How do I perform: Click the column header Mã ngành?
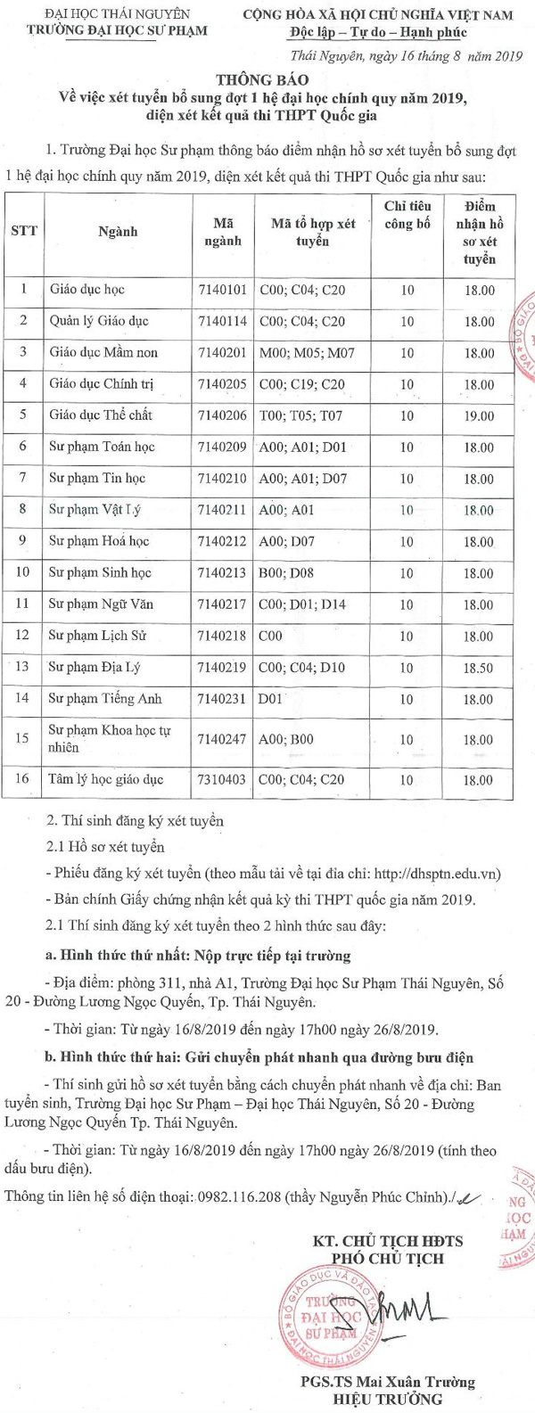(222, 231)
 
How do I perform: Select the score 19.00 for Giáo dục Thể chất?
(479, 415)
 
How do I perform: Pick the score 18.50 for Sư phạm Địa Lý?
(479, 668)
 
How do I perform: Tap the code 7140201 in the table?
(222, 353)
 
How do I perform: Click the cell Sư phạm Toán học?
(102, 448)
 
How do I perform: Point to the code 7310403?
(222, 780)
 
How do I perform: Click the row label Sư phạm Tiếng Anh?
(105, 699)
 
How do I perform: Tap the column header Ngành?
(118, 231)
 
